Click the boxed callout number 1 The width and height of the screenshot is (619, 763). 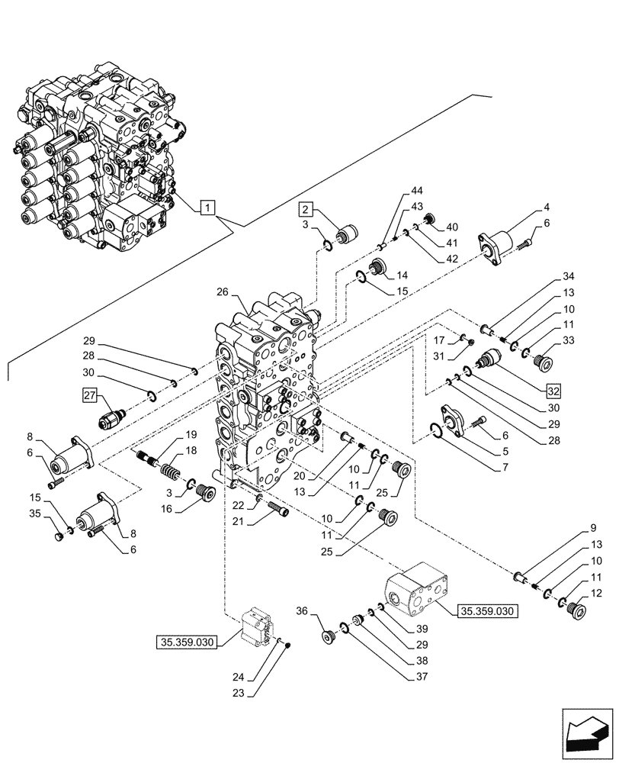tap(209, 207)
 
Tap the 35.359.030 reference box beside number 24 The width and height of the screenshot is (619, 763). tap(187, 641)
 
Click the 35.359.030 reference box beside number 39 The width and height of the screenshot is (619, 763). tap(488, 610)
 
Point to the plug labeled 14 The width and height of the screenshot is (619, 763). tap(376, 269)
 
